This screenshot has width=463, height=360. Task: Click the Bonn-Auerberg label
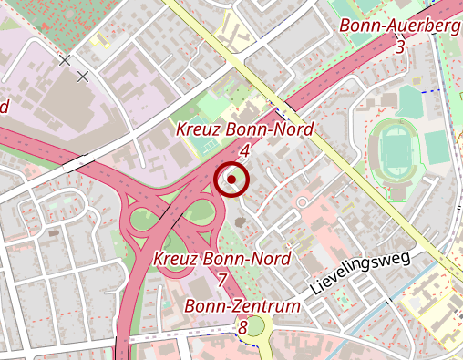(399, 26)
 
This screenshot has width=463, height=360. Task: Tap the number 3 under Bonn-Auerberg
(400, 46)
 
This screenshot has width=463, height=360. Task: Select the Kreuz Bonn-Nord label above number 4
(244, 129)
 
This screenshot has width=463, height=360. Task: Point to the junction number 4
(244, 149)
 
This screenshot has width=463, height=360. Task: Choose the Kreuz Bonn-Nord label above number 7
(222, 259)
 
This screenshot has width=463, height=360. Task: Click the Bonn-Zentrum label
(242, 306)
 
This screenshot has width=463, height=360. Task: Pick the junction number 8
(242, 326)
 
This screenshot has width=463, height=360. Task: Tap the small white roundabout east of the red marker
(303, 201)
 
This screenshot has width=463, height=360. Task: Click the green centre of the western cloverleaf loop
(144, 220)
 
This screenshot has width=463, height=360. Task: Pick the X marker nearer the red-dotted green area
(64, 61)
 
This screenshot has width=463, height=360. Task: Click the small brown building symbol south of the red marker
(239, 221)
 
